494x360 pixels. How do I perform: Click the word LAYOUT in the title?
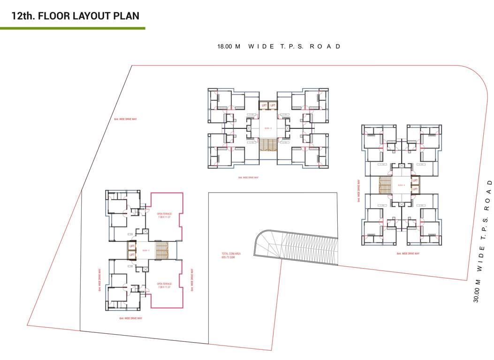point(88,16)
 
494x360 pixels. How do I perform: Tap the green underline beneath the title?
point(72,29)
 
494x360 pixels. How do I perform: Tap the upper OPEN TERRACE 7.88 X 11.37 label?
point(164,216)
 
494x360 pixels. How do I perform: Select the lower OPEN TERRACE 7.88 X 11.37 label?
point(164,285)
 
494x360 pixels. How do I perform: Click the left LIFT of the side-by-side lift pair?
point(264,105)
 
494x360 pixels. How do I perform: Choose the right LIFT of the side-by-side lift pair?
point(273,105)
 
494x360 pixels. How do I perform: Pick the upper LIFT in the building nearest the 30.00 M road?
point(415,180)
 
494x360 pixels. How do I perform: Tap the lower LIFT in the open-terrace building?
point(132,255)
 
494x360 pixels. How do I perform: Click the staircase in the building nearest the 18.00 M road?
point(268,144)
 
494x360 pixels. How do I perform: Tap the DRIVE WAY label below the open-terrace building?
point(131,318)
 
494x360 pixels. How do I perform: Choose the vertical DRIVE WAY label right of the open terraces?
point(192,280)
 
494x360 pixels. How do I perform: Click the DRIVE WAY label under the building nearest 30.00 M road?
point(408,254)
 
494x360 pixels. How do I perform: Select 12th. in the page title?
point(23,16)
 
